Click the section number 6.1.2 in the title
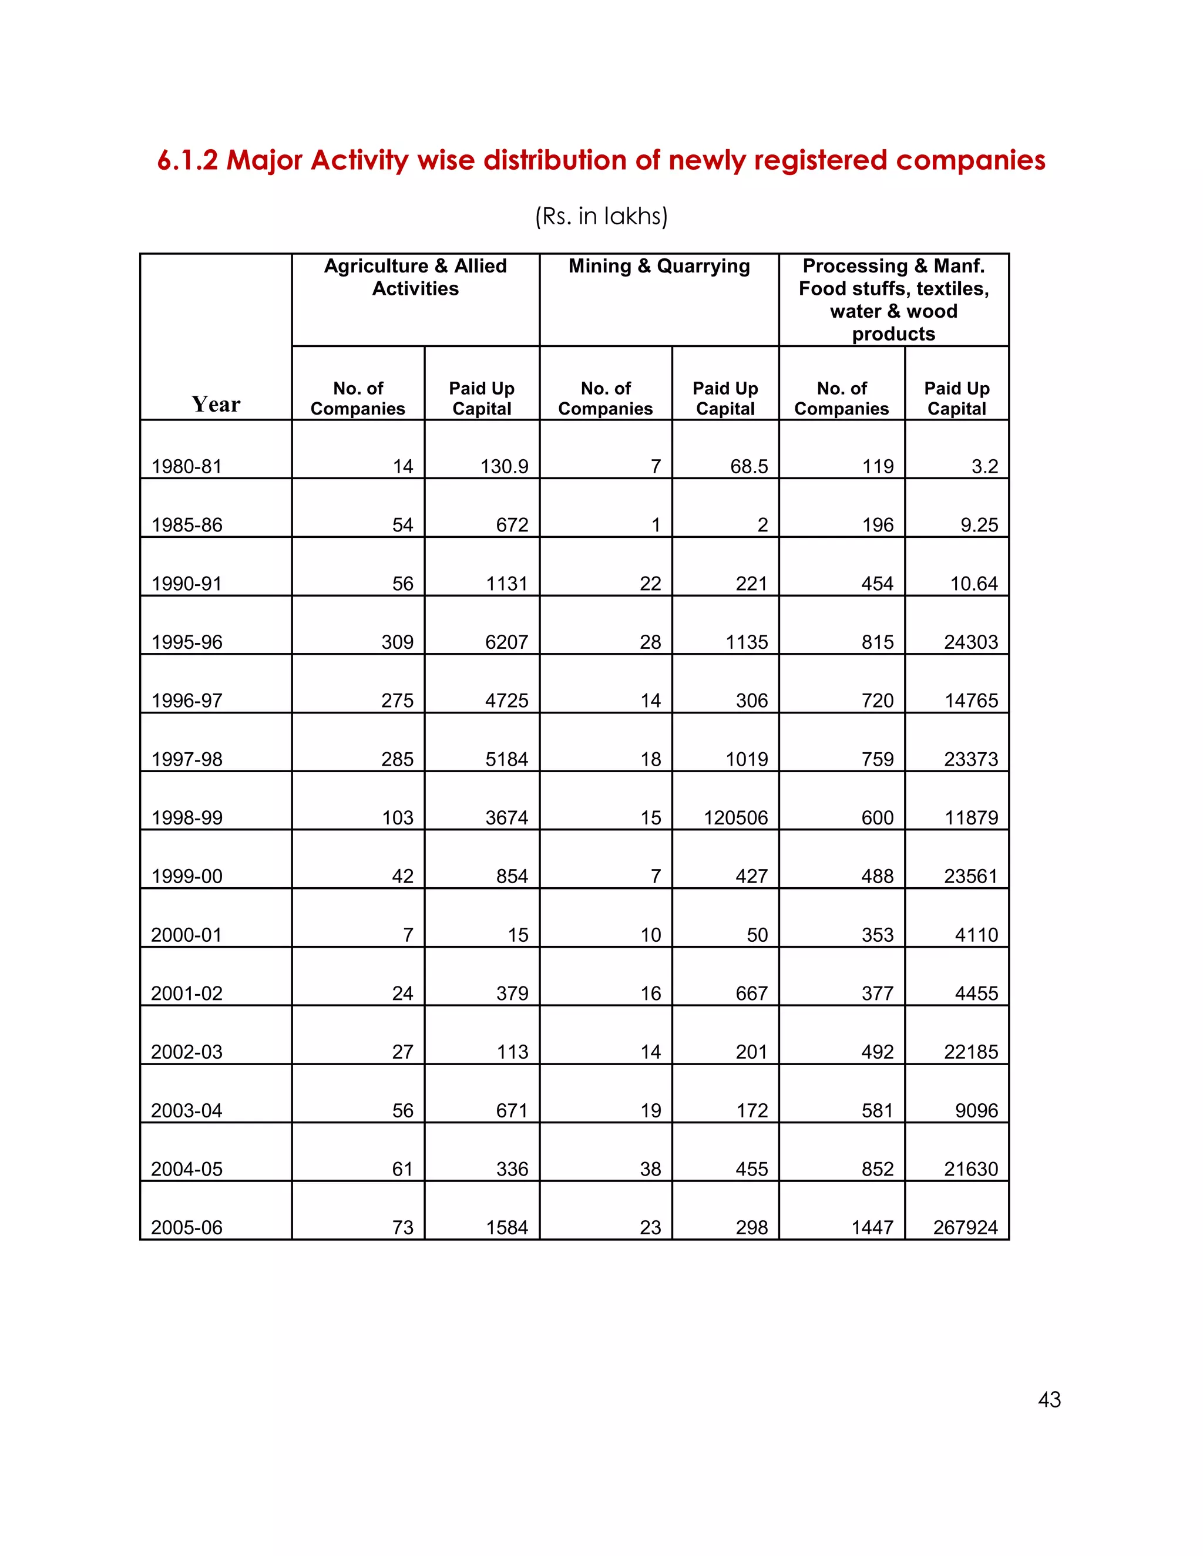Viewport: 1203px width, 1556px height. point(187,161)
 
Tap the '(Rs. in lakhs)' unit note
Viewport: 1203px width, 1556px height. point(601,216)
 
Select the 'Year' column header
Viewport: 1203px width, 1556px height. point(216,404)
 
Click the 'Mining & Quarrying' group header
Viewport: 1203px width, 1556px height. point(658,267)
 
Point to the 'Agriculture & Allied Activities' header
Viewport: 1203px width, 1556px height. point(415,277)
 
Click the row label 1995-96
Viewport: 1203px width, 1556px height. point(187,642)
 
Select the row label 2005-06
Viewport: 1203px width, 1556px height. point(187,1228)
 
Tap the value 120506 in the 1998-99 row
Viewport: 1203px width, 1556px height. point(735,818)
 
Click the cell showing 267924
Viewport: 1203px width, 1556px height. point(965,1228)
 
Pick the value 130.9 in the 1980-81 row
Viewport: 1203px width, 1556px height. point(504,467)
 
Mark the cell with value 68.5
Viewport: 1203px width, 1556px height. point(748,467)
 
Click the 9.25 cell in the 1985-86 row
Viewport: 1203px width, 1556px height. point(979,525)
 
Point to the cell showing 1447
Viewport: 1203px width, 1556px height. point(872,1228)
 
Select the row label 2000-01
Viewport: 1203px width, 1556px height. point(187,935)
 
